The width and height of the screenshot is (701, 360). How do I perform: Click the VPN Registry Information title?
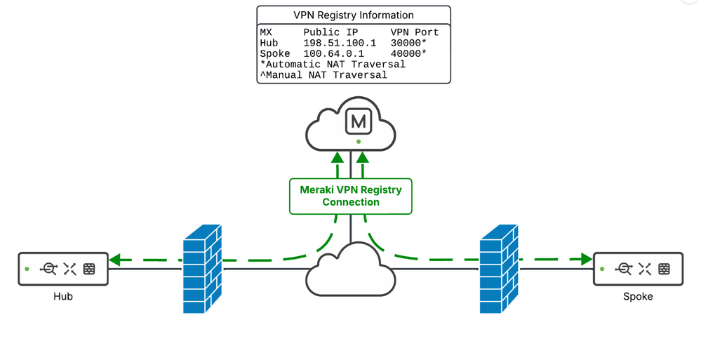353,15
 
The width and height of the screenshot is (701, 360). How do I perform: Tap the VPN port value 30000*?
408,43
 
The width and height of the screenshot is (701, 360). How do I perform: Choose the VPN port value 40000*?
408,53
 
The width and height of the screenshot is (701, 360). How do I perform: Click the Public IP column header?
333,32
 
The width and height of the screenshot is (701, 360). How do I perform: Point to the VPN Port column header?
414,32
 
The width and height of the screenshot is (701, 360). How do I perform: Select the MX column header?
266,32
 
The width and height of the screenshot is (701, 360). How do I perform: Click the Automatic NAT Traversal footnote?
333,64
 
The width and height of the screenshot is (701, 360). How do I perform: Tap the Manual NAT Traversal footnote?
323,74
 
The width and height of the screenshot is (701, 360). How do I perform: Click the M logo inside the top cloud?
358,122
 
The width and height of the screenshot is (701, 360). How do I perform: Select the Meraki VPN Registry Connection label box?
350,196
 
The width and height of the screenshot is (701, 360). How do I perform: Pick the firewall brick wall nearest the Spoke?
499,269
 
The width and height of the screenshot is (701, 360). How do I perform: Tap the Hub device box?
64,269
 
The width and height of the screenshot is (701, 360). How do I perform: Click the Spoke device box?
638,269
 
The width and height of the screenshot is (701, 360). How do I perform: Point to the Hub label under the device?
63,296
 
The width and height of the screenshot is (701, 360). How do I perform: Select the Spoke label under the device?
638,296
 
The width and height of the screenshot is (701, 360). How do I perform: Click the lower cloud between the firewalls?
350,272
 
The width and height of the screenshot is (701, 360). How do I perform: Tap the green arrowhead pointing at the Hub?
118,260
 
